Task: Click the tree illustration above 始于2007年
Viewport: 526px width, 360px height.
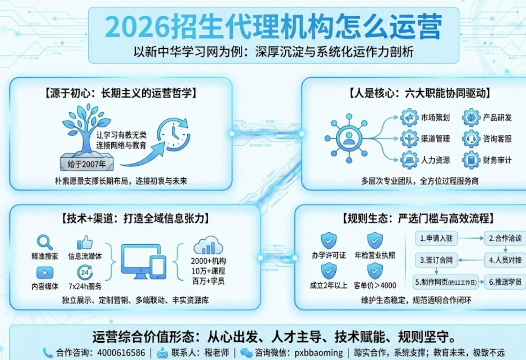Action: (85, 129)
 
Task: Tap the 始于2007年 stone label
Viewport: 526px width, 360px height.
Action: (87, 164)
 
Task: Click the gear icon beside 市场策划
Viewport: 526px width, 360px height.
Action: (409, 118)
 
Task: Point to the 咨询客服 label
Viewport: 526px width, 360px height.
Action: (497, 139)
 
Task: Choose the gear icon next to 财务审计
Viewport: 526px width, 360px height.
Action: (471, 160)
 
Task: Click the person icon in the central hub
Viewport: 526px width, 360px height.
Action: (349, 138)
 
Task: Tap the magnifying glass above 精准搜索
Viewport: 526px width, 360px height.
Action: (45, 242)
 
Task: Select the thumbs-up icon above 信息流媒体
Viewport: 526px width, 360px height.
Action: (85, 242)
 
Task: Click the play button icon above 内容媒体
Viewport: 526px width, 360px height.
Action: (45, 272)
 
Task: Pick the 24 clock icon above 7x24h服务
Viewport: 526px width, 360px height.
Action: (85, 272)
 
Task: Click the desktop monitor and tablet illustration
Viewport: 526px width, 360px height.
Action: (143, 262)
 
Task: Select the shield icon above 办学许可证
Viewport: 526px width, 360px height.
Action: (329, 240)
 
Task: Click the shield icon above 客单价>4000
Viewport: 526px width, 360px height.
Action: (375, 271)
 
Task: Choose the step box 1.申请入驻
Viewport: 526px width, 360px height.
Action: (436, 239)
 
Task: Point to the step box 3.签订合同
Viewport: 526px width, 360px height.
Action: (436, 260)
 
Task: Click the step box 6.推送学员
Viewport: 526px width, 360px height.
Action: (505, 282)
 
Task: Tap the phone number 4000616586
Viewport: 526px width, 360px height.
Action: (121, 353)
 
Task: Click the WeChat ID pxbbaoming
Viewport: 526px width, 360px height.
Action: (318, 353)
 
